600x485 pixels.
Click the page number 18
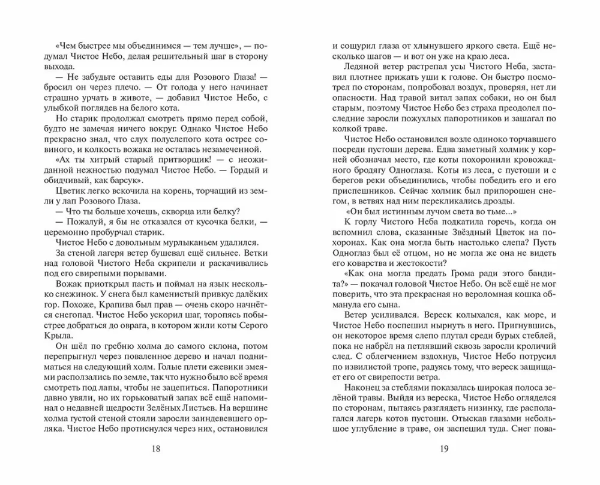tap(156, 449)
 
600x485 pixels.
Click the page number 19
tap(444, 449)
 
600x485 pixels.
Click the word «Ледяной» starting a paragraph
tap(361, 65)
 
